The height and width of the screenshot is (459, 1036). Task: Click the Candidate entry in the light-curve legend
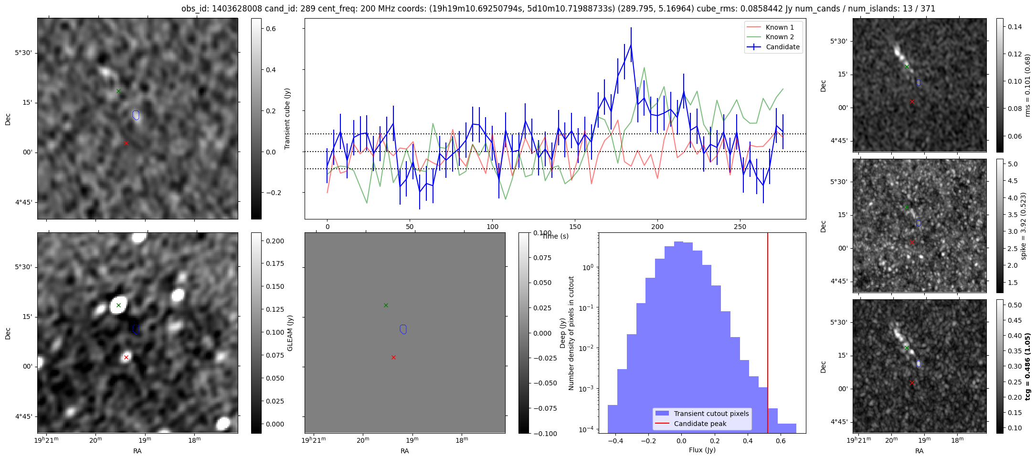coord(773,47)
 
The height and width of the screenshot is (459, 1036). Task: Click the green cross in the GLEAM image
coord(118,305)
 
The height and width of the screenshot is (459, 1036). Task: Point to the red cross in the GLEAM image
coord(126,357)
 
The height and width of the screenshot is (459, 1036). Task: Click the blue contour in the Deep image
coord(403,329)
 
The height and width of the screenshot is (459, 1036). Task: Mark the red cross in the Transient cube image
coord(126,143)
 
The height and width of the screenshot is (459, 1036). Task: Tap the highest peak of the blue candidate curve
coord(631,44)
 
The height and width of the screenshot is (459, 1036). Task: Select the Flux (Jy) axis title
coord(702,450)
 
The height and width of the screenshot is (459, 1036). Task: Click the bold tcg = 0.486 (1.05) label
coord(1027,366)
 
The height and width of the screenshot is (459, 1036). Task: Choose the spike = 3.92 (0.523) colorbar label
coord(1023,226)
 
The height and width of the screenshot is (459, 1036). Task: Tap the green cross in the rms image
coord(907,66)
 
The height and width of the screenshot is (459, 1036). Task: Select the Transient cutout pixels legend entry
coord(702,414)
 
